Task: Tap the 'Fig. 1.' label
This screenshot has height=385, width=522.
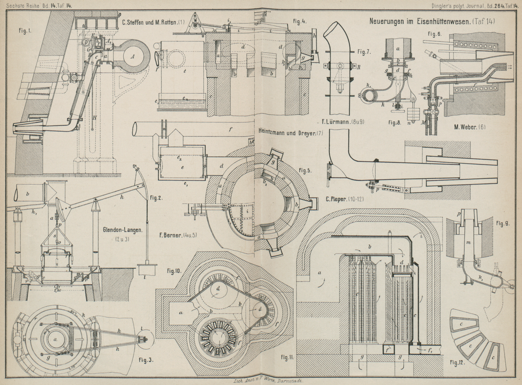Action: pyautogui.click(x=25, y=32)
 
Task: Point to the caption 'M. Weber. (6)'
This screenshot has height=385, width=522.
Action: pyautogui.click(x=470, y=127)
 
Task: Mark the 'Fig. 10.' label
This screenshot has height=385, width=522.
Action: pyautogui.click(x=175, y=271)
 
